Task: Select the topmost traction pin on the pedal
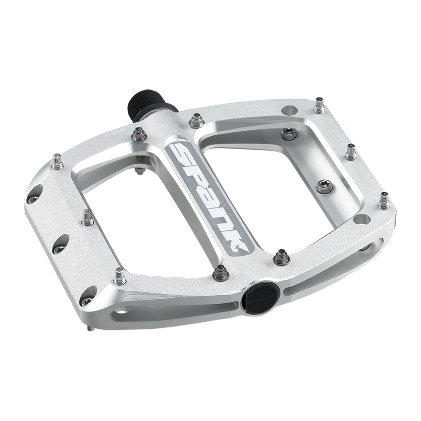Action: pyautogui.click(x=317, y=104)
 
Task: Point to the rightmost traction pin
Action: pyautogui.click(x=383, y=201)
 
